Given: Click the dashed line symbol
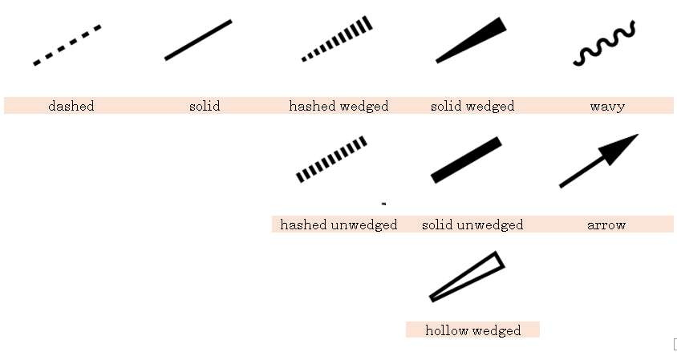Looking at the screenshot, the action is [x=67, y=45].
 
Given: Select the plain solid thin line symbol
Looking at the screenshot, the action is [x=198, y=40].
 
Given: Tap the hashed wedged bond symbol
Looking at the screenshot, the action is [x=338, y=38].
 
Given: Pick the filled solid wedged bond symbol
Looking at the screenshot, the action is [x=473, y=39].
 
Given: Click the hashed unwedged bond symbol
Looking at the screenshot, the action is [x=331, y=159].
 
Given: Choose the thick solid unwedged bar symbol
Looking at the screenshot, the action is [x=466, y=160].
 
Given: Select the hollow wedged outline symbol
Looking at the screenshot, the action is [x=468, y=277].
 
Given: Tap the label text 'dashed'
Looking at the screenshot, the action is [x=71, y=106].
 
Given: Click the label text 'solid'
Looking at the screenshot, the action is [x=205, y=106].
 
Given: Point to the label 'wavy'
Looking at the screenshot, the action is [x=606, y=106].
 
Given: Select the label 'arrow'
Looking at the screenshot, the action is [x=606, y=225].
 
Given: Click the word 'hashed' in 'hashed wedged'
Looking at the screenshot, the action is [x=312, y=106].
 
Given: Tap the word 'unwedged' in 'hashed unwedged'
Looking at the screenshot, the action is [x=364, y=225].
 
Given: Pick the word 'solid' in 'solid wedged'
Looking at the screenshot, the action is [x=446, y=106].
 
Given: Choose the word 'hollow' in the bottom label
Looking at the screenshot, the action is [x=447, y=330].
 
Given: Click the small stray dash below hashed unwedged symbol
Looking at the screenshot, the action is [x=384, y=204].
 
